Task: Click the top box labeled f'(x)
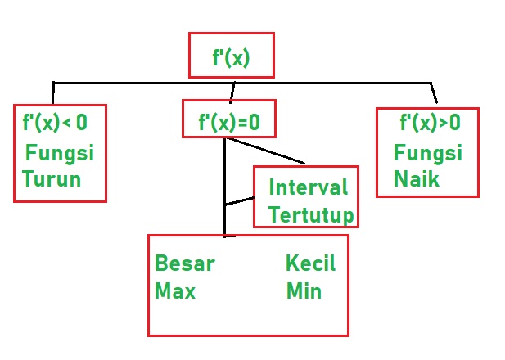point(231,57)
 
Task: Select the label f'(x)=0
point(228,122)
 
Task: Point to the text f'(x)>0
point(430,123)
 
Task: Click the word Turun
point(52,179)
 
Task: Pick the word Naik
point(416,178)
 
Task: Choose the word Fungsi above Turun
point(60,153)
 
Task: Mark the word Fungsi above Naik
point(427,153)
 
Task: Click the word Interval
point(308,187)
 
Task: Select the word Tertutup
point(311,215)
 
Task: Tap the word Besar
point(185,263)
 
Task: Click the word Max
point(175,290)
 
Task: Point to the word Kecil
point(310,263)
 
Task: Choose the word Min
point(304,290)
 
